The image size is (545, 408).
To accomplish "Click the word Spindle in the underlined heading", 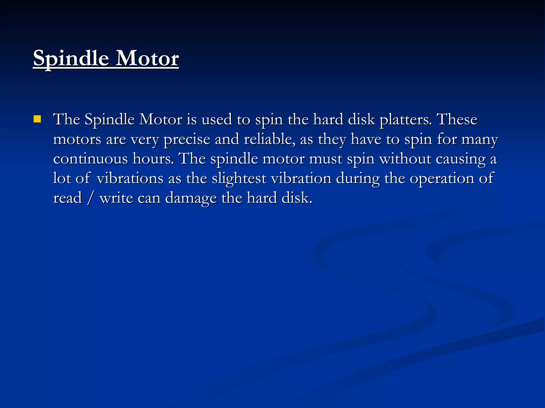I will coord(71,58).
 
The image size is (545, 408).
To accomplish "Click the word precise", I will coord(187,139).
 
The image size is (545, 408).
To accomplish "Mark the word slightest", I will coord(239,178).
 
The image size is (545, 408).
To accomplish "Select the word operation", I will coord(442,178).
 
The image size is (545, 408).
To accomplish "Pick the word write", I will coord(116,198).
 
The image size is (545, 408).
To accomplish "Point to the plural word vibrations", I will coord(130,178).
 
